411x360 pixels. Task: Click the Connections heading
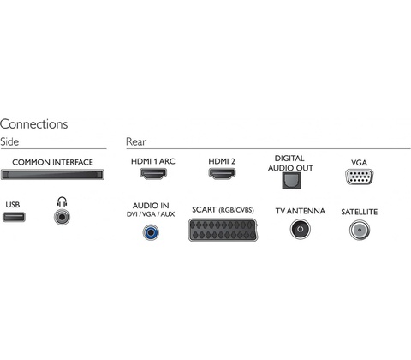(34, 124)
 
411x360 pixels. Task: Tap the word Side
(9, 141)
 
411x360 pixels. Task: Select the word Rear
(136, 141)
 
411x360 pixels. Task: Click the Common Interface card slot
(52, 175)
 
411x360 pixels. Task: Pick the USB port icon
(14, 217)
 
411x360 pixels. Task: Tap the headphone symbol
(62, 201)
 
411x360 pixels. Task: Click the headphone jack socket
(62, 217)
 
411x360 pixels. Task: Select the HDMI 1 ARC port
(153, 173)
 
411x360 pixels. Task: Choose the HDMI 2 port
(222, 173)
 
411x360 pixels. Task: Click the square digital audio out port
(291, 180)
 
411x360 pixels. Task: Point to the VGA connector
(360, 177)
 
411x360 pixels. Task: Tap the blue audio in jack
(151, 232)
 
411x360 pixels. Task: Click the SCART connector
(223, 230)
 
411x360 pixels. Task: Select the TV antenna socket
(301, 229)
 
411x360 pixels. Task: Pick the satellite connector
(360, 230)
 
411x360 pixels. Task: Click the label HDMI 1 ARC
(153, 161)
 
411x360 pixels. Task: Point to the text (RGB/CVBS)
(236, 210)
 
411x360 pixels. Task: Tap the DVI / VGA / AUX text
(151, 214)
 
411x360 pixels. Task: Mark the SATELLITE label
(360, 212)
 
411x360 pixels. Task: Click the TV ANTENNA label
(301, 211)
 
